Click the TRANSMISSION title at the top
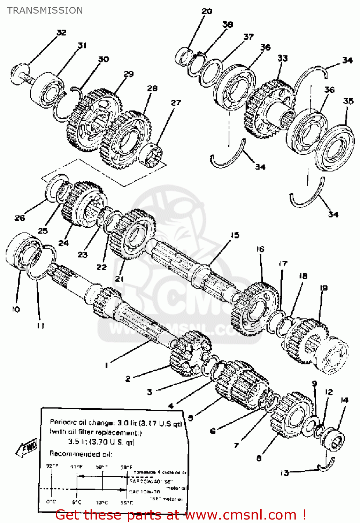45,10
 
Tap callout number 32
61,32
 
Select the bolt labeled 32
21,74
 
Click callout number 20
207,11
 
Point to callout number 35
348,101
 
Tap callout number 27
176,103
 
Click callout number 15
235,235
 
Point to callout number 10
16,309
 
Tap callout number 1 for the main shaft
106,365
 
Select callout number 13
285,473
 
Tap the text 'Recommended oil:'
81,454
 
